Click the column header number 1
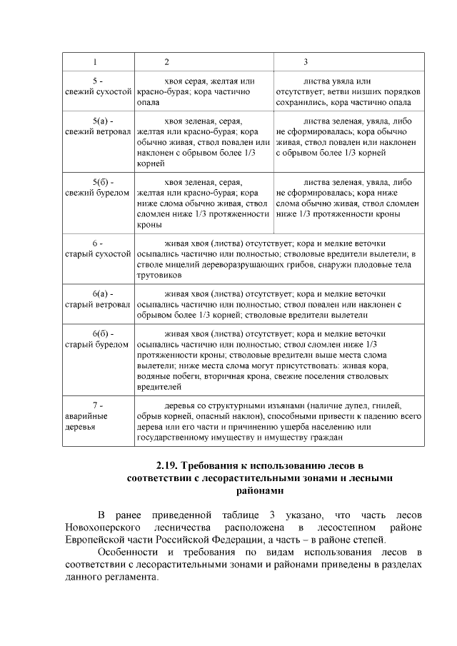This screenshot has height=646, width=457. (x=95, y=61)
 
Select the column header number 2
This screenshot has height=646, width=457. (x=167, y=61)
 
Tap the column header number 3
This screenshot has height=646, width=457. (x=306, y=61)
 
